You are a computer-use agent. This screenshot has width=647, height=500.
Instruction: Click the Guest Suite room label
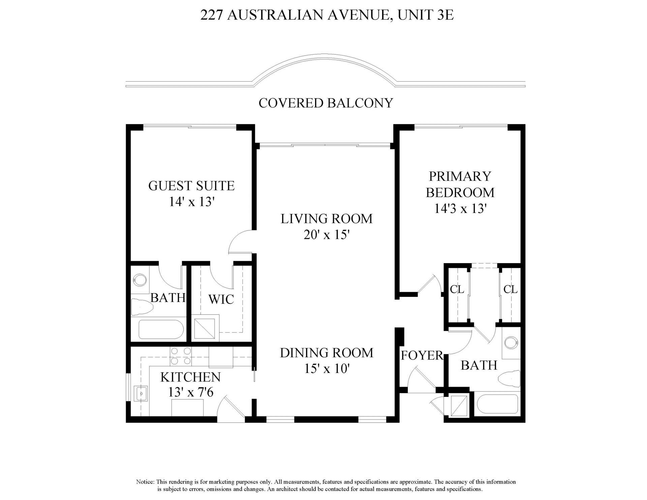tap(191, 186)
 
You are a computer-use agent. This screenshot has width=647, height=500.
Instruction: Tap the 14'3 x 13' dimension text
tap(460, 209)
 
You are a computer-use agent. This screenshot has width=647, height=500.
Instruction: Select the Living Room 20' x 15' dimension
tap(326, 235)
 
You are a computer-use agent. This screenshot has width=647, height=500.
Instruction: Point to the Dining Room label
tap(327, 353)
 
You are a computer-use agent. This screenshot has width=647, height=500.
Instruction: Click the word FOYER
tap(421, 355)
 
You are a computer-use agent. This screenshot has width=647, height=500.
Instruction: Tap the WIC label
tap(221, 299)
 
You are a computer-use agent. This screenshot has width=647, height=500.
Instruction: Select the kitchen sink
tap(142, 393)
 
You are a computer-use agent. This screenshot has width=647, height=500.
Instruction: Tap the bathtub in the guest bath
tap(161, 330)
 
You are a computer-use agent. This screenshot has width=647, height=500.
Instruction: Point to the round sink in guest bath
tap(140, 279)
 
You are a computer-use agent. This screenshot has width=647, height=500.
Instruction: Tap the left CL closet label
tap(457, 289)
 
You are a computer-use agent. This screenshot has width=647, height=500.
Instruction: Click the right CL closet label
tap(510, 289)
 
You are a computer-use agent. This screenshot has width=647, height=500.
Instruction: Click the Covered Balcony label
tap(326, 103)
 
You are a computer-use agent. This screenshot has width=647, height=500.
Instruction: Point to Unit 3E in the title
tap(426, 15)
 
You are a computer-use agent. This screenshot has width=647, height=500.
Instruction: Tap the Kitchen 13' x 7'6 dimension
tap(191, 392)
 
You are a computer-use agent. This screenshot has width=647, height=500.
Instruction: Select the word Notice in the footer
tap(145, 482)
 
